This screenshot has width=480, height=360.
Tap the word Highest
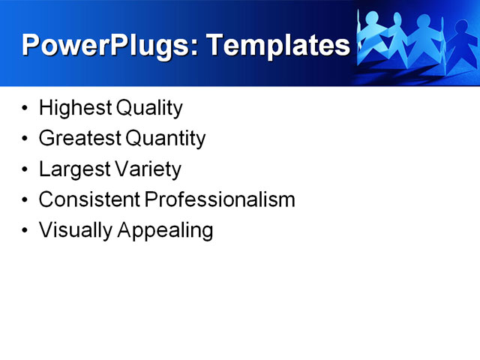point(75,108)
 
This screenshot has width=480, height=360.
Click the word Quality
point(149,108)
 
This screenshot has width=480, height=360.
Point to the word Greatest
point(79,139)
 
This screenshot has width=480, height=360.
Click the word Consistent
point(89,200)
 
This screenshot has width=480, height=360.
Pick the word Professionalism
point(220,200)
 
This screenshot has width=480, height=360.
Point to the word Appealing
point(165,231)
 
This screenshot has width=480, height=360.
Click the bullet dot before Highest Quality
point(26,109)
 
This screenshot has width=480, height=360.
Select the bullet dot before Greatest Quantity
point(26,139)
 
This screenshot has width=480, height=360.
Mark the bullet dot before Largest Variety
point(26,170)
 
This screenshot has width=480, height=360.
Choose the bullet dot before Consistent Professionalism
point(26,201)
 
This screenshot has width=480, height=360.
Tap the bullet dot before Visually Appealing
point(26,231)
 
